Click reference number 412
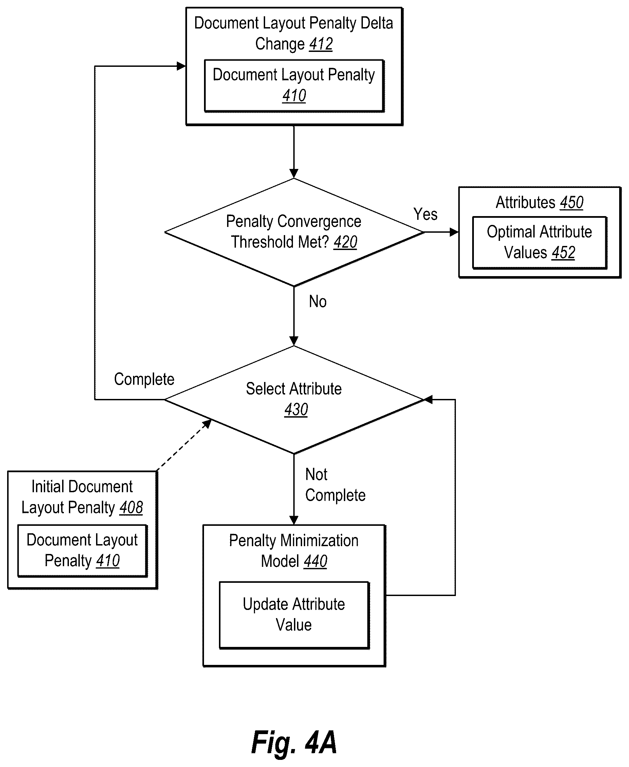pyautogui.click(x=321, y=44)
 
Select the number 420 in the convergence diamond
pyautogui.click(x=345, y=242)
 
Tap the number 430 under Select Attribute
pyautogui.click(x=296, y=409)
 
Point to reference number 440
pyautogui.click(x=315, y=561)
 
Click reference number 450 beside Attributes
pyautogui.click(x=572, y=203)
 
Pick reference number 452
pyautogui.click(x=563, y=253)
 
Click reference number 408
pyautogui.click(x=131, y=507)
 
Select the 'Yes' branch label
pyautogui.click(x=425, y=214)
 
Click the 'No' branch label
pyautogui.click(x=318, y=301)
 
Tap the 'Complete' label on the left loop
pyautogui.click(x=144, y=380)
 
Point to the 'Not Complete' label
pyautogui.click(x=335, y=485)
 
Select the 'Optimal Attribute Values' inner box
pyautogui.click(x=539, y=243)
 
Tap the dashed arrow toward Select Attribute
pyautogui.click(x=184, y=445)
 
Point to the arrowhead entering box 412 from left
pyautogui.click(x=181, y=66)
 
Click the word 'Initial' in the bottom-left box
pyautogui.click(x=45, y=487)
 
